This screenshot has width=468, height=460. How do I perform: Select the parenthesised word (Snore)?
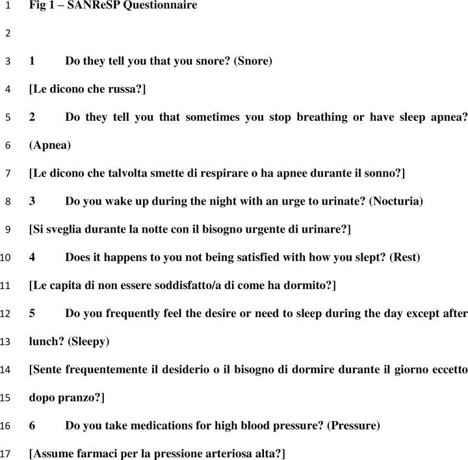click(x=253, y=61)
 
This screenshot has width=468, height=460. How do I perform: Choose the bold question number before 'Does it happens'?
click(x=32, y=257)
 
